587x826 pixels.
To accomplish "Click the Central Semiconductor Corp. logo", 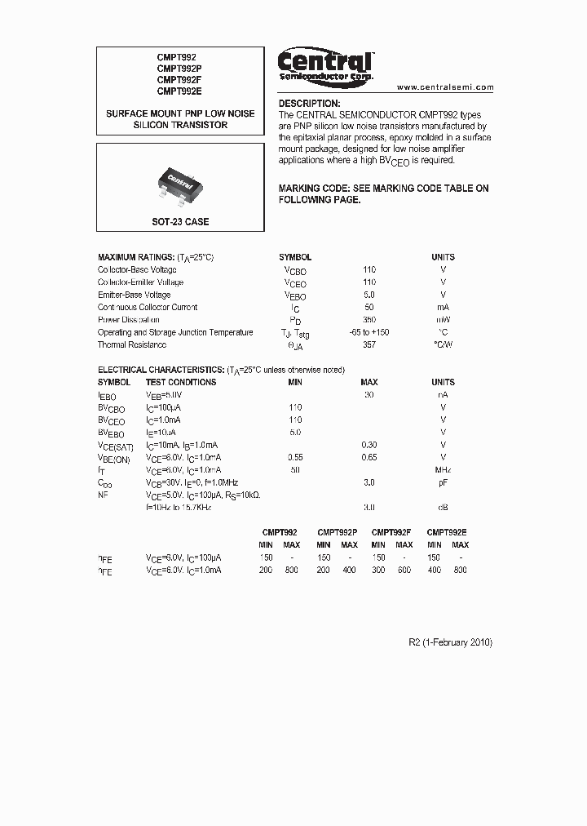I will point(325,65).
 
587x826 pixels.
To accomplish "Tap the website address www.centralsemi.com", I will point(445,87).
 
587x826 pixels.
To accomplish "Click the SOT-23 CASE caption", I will point(180,221).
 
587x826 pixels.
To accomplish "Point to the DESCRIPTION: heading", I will point(309,104).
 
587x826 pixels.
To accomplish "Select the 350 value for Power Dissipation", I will point(369,320).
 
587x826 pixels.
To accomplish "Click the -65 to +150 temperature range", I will point(369,332).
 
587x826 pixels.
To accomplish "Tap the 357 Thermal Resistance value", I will point(369,345).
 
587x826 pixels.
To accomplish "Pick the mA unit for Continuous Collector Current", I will point(443,308).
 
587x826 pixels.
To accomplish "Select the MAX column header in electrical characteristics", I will point(369,382).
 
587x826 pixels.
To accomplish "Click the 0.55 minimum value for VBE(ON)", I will point(295,457).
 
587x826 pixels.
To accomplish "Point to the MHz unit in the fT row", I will point(443,470).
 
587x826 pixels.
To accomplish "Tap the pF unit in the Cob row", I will point(443,482).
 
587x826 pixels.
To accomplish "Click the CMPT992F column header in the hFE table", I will point(391,531).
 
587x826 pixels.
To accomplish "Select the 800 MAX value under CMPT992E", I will point(460,571).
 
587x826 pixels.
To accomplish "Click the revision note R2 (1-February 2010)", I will point(450,642).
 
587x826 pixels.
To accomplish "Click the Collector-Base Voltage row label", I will point(137,270).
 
